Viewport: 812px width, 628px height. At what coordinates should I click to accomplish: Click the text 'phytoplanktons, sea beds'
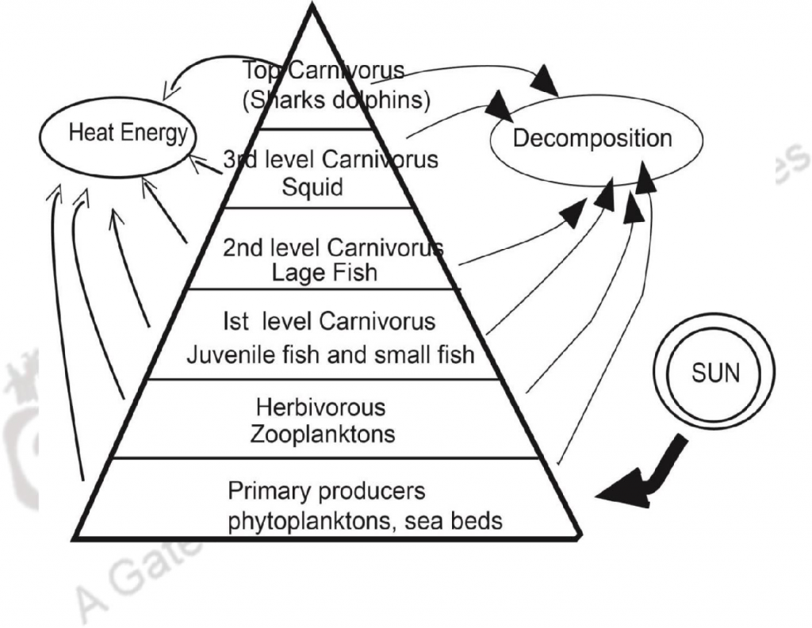click(x=366, y=521)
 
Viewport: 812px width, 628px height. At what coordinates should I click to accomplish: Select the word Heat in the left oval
click(x=86, y=133)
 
